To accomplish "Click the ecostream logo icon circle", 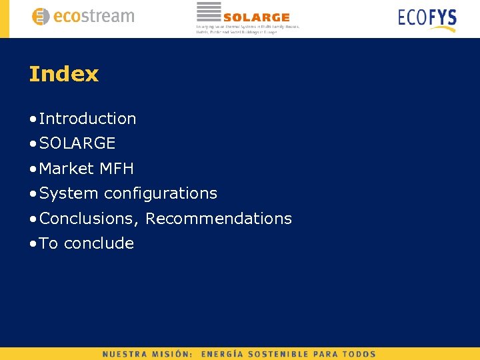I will pos(41,17).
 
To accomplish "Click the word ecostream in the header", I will pos(93,17).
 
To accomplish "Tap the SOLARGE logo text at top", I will pos(257,17).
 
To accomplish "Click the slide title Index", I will pos(63,74).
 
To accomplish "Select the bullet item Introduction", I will pos(87,119).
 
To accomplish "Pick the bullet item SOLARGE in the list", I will pos(77,143).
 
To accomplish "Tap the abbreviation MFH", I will pos(117,169).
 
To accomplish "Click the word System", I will pos(69,193).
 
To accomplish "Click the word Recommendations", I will pos(219,219).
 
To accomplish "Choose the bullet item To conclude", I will pos(87,243).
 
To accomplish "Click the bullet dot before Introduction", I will pos(33,119).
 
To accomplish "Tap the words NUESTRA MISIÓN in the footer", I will pos(147,354).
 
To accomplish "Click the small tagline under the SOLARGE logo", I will pos(247,29).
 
